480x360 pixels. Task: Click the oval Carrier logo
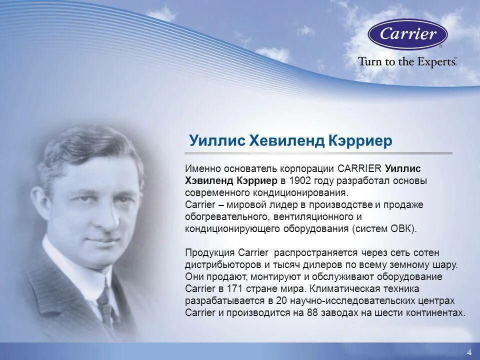(407, 34)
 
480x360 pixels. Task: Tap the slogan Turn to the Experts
(406, 61)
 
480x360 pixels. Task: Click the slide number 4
(469, 352)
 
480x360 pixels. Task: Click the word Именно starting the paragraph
(201, 168)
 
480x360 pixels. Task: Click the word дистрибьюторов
(218, 264)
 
